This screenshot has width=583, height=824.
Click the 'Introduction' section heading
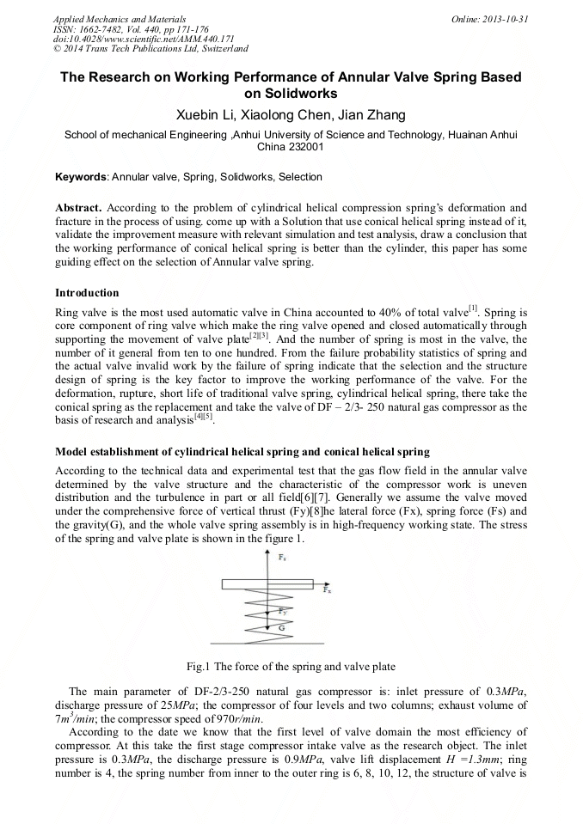point(87,293)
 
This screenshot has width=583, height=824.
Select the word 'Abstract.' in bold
point(79,208)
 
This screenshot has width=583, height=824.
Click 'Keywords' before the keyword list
point(80,177)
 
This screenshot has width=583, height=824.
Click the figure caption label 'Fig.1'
point(198,666)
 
